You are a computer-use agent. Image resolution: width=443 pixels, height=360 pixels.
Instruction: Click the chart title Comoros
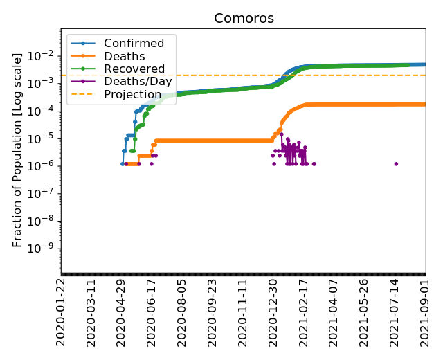pos(244,18)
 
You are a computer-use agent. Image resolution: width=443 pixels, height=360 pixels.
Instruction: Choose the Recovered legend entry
pos(134,69)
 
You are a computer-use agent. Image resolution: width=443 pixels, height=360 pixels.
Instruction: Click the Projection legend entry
pos(133,94)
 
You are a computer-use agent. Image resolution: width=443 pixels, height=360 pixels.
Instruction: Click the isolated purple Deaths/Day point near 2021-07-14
pos(396,164)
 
